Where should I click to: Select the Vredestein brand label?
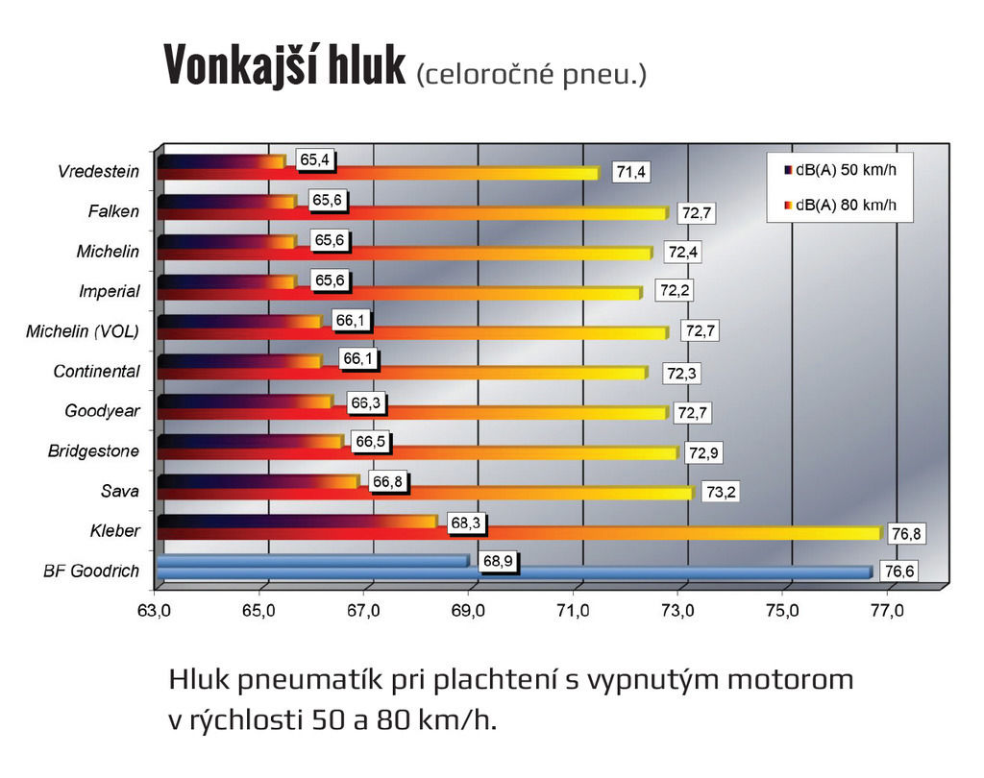[x=98, y=172]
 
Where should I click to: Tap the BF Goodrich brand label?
[x=91, y=571]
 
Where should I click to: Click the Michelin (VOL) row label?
[x=83, y=331]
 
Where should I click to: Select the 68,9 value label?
[x=497, y=560]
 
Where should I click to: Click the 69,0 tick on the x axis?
[x=469, y=610]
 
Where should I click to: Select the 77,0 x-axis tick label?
[x=887, y=610]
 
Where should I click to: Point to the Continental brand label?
[x=96, y=371]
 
